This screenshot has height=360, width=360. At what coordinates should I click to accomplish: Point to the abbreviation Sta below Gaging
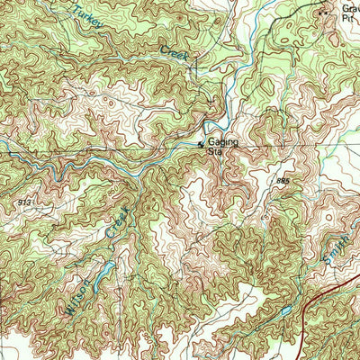click(x=214, y=152)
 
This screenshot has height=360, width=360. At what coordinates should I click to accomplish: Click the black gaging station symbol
click(x=201, y=143)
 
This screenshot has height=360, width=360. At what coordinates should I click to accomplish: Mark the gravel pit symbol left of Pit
click(x=325, y=13)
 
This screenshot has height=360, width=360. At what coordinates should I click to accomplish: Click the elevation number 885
click(x=284, y=182)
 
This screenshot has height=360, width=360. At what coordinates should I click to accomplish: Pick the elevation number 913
click(x=24, y=203)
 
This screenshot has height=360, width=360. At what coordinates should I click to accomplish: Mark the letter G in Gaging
click(x=211, y=142)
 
